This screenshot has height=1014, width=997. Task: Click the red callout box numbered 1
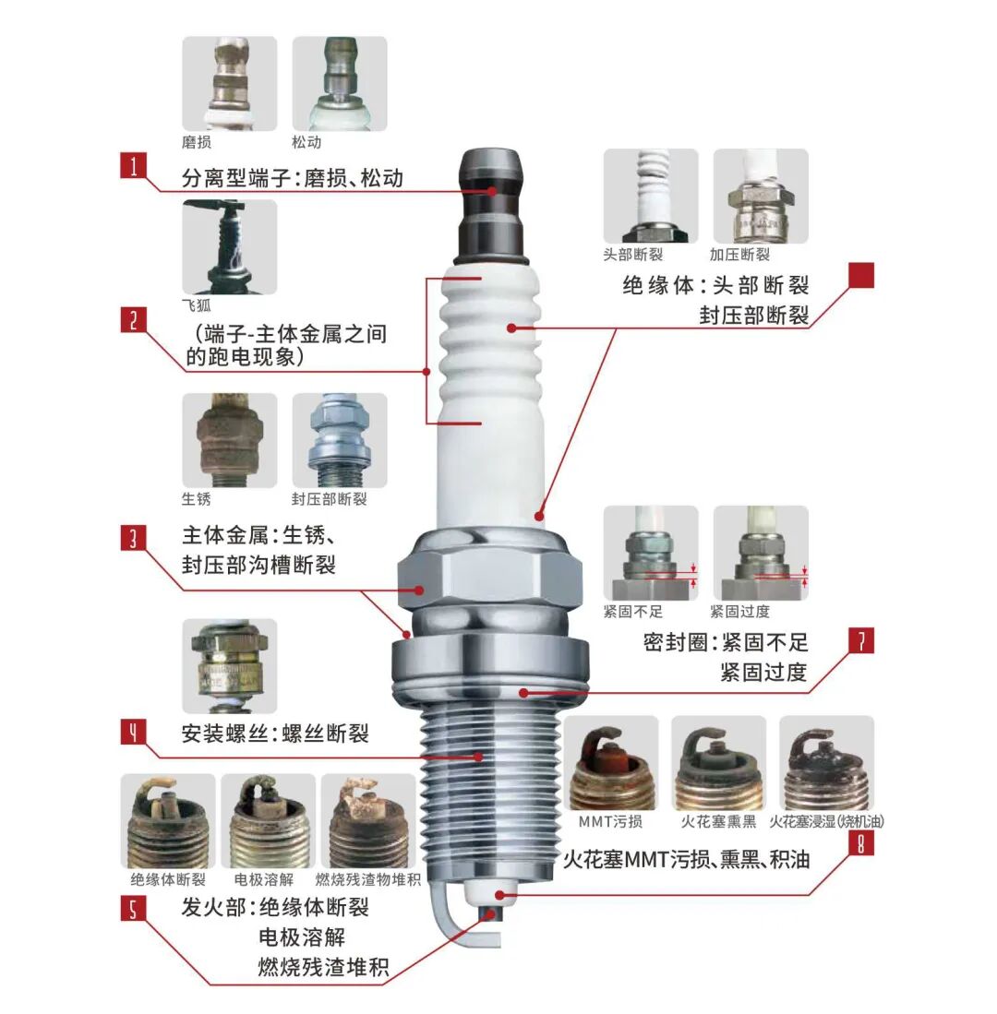click(x=134, y=167)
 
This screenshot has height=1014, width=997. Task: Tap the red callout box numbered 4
click(x=134, y=733)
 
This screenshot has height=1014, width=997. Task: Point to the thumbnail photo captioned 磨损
click(x=229, y=84)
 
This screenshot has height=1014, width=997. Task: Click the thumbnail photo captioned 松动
click(x=340, y=84)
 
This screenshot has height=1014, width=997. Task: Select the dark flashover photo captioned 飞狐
click(x=229, y=247)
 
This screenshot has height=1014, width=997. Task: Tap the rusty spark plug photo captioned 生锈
click(x=229, y=441)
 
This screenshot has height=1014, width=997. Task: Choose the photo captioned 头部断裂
click(x=650, y=197)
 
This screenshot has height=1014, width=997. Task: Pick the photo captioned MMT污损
click(x=610, y=763)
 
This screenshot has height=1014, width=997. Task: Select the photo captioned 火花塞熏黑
click(x=718, y=763)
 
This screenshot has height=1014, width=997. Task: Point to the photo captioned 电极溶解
click(x=274, y=820)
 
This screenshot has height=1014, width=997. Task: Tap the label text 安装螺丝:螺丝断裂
click(x=275, y=734)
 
